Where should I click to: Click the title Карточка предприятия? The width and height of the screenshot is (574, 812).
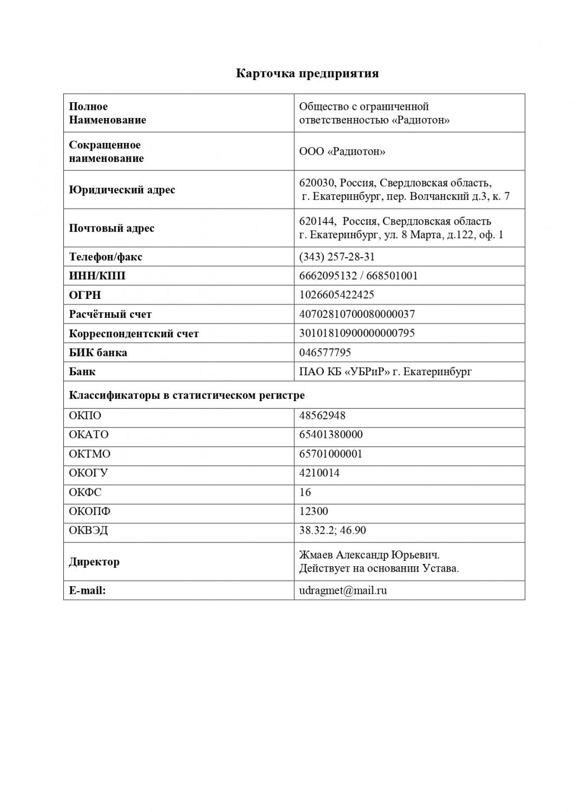click(307, 73)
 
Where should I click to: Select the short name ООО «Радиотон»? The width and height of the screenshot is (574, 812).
click(342, 152)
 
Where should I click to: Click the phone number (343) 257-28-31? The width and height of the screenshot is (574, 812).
click(337, 257)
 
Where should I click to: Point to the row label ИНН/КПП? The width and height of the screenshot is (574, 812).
click(97, 276)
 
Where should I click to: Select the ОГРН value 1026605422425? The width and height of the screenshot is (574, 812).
click(336, 295)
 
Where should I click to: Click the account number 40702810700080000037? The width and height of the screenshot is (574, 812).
click(357, 314)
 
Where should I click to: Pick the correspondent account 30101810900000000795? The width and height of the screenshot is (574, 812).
click(357, 333)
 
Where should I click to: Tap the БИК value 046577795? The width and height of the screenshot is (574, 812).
click(325, 352)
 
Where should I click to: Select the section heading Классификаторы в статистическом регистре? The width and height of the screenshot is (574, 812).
click(187, 395)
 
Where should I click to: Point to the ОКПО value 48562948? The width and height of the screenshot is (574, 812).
click(322, 416)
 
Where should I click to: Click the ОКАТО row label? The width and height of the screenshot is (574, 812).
click(89, 435)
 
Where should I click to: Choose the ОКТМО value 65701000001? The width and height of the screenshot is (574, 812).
click(331, 454)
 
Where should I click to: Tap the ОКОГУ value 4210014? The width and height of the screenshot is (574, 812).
click(319, 473)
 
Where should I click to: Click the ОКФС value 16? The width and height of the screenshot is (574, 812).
click(305, 492)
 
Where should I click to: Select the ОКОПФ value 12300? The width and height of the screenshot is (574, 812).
click(314, 512)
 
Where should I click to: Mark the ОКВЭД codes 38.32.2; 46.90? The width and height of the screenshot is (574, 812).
click(332, 531)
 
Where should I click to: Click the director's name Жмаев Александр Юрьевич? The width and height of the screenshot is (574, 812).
click(369, 555)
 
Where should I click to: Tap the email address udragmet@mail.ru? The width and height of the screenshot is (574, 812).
click(343, 591)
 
